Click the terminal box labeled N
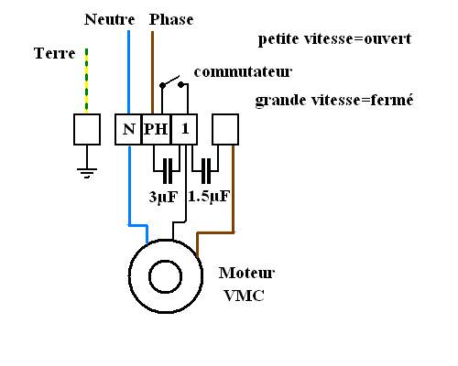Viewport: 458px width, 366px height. pos(127,129)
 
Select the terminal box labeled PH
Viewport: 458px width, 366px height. pos(157,129)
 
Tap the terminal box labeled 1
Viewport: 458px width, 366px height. pos(185,129)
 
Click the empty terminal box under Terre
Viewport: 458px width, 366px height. pos(86,130)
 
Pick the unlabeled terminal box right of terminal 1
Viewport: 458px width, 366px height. pos(225,129)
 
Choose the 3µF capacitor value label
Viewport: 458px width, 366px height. pos(165,196)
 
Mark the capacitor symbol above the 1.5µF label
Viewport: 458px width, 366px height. pos(206,170)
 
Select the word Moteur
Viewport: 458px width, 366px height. pos(247,274)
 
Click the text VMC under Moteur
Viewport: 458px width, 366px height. pos(241,296)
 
